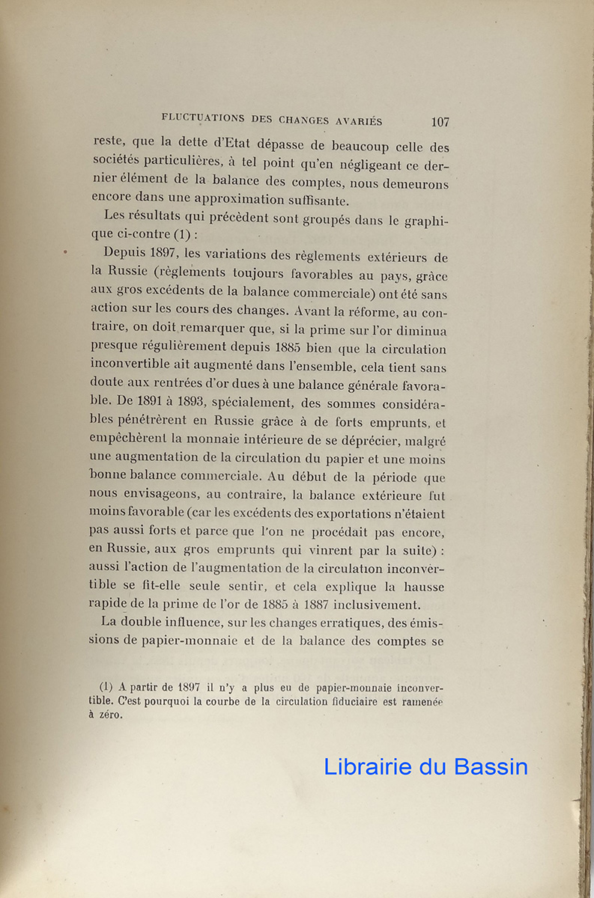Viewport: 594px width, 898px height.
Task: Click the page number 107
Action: [440, 121]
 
